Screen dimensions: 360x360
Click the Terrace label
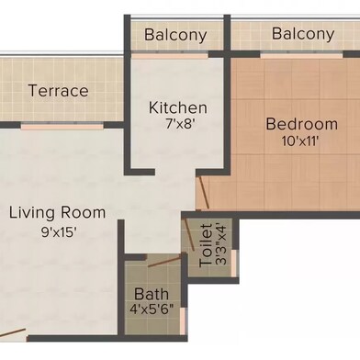(x=58, y=91)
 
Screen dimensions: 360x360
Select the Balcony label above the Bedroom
(x=303, y=34)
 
